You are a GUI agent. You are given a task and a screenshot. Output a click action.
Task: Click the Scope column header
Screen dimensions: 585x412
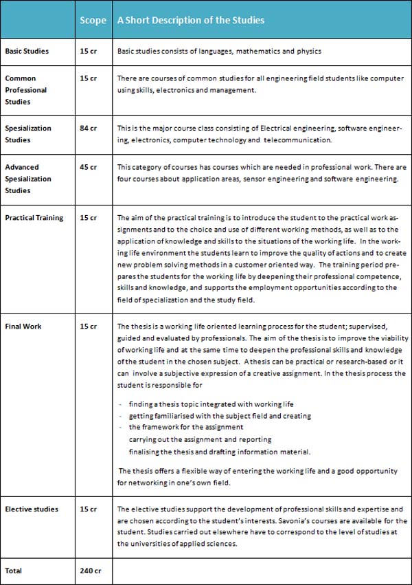93,21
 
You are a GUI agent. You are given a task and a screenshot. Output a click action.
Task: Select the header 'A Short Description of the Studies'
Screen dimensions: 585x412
190,21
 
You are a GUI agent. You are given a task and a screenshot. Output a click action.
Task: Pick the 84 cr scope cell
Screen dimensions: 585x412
89,129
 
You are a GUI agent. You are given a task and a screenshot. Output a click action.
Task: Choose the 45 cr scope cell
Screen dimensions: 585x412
89,167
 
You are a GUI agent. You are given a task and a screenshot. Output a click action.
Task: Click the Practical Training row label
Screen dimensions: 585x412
34,218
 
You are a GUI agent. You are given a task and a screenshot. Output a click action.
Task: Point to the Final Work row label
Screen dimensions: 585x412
23,327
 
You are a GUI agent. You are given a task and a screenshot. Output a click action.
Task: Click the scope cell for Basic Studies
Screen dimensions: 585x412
89,52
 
